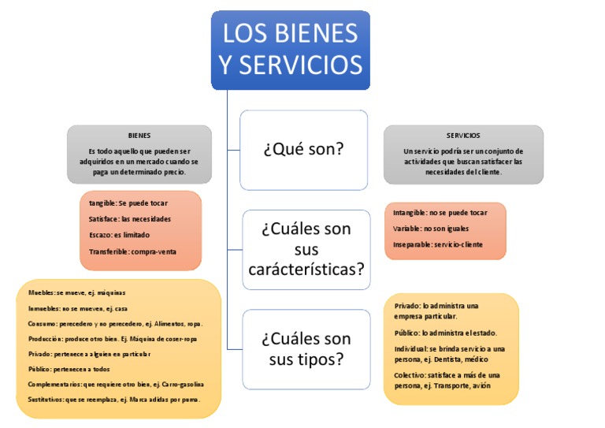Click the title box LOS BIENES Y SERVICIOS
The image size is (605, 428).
(x=291, y=49)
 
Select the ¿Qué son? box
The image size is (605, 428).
(x=303, y=149)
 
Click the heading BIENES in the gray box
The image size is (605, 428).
(x=139, y=136)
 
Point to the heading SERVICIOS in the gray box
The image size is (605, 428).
(x=462, y=136)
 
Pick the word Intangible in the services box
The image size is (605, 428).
(x=409, y=213)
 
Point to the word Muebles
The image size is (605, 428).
(x=40, y=292)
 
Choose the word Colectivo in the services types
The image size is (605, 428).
(x=410, y=375)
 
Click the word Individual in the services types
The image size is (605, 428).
(x=411, y=348)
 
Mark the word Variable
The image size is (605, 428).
(x=407, y=229)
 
